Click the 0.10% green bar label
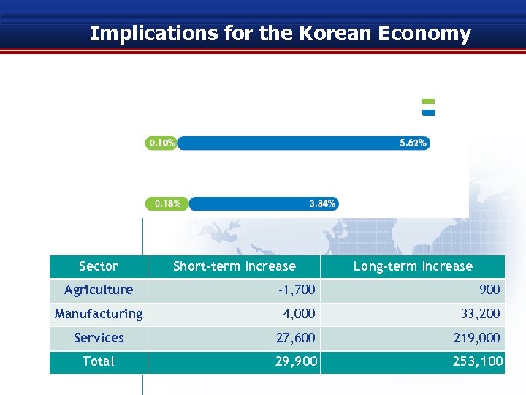tap(161, 143)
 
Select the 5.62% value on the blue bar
tap(413, 143)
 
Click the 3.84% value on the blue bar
tap(322, 203)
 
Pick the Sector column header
tap(99, 266)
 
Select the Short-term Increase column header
tap(235, 266)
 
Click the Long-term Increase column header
tap(413, 266)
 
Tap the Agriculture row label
tap(99, 290)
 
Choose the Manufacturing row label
tap(99, 314)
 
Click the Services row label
tap(99, 338)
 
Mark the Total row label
tap(99, 361)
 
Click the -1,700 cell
tap(297, 290)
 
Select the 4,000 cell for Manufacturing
tap(299, 315)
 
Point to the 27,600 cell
tap(296, 338)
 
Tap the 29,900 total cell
tap(296, 362)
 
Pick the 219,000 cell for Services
tap(475, 338)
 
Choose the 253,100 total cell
tap(475, 362)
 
